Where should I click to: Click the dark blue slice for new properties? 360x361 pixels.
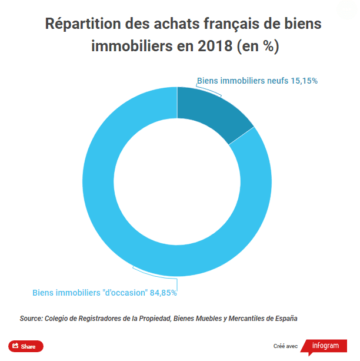click(215, 112)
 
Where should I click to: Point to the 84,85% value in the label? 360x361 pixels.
click(164, 292)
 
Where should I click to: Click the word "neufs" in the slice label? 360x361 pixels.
click(277, 81)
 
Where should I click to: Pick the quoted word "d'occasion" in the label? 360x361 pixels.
click(125, 292)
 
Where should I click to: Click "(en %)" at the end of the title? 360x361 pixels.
click(258, 47)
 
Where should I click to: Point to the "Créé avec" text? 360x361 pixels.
click(286, 346)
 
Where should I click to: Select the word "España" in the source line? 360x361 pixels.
click(285, 319)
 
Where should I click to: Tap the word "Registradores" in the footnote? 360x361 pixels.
click(100, 319)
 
